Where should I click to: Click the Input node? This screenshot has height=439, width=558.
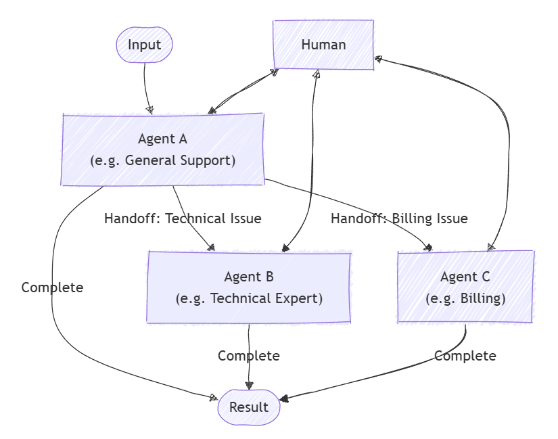click(145, 45)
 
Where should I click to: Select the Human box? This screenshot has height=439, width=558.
click(323, 45)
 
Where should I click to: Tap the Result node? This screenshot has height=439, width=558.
click(249, 407)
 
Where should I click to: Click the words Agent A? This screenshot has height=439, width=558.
click(162, 139)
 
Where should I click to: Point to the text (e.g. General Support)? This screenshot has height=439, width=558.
click(162, 161)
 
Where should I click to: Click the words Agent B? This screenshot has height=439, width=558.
click(249, 277)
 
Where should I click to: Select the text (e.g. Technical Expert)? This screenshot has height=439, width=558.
click(249, 298)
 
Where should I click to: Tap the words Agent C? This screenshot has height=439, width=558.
click(465, 277)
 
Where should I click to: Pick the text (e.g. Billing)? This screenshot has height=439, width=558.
click(465, 298)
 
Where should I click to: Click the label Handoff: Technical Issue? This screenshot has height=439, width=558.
click(183, 218)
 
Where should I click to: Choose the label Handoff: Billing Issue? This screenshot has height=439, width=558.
click(399, 218)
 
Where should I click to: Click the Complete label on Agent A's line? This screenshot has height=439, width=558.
click(52, 287)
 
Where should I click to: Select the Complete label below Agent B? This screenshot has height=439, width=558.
click(248, 356)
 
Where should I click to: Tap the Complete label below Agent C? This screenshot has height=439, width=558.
click(465, 356)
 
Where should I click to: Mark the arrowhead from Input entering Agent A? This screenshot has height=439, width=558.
click(149, 110)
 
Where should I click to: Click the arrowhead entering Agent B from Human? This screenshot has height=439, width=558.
click(285, 248)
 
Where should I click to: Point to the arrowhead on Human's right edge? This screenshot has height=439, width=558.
click(379, 59)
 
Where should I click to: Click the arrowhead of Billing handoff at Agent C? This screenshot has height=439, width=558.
click(427, 248)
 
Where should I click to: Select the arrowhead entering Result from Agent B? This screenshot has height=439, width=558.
click(250, 386)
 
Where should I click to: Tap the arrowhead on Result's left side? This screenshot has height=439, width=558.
click(214, 398)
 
